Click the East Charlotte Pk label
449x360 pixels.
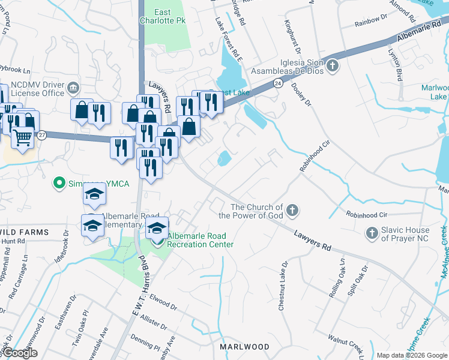[170, 16]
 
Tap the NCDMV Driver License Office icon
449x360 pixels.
[73, 88]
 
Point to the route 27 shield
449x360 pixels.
[41, 136]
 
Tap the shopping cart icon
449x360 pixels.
[22, 138]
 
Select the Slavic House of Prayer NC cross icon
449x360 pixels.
[372, 232]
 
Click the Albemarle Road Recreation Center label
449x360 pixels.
[200, 240]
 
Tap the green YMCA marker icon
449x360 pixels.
[59, 182]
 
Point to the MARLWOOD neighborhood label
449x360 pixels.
[244, 347]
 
